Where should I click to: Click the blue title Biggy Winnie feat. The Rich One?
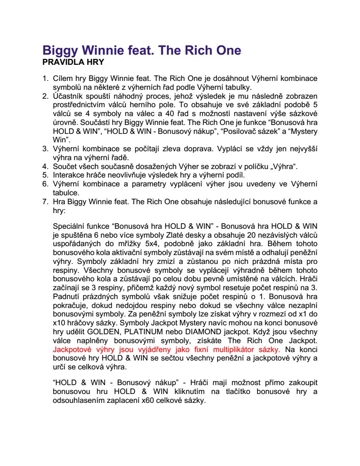tap(142, 50)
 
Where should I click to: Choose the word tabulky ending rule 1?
tap(239, 87)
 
